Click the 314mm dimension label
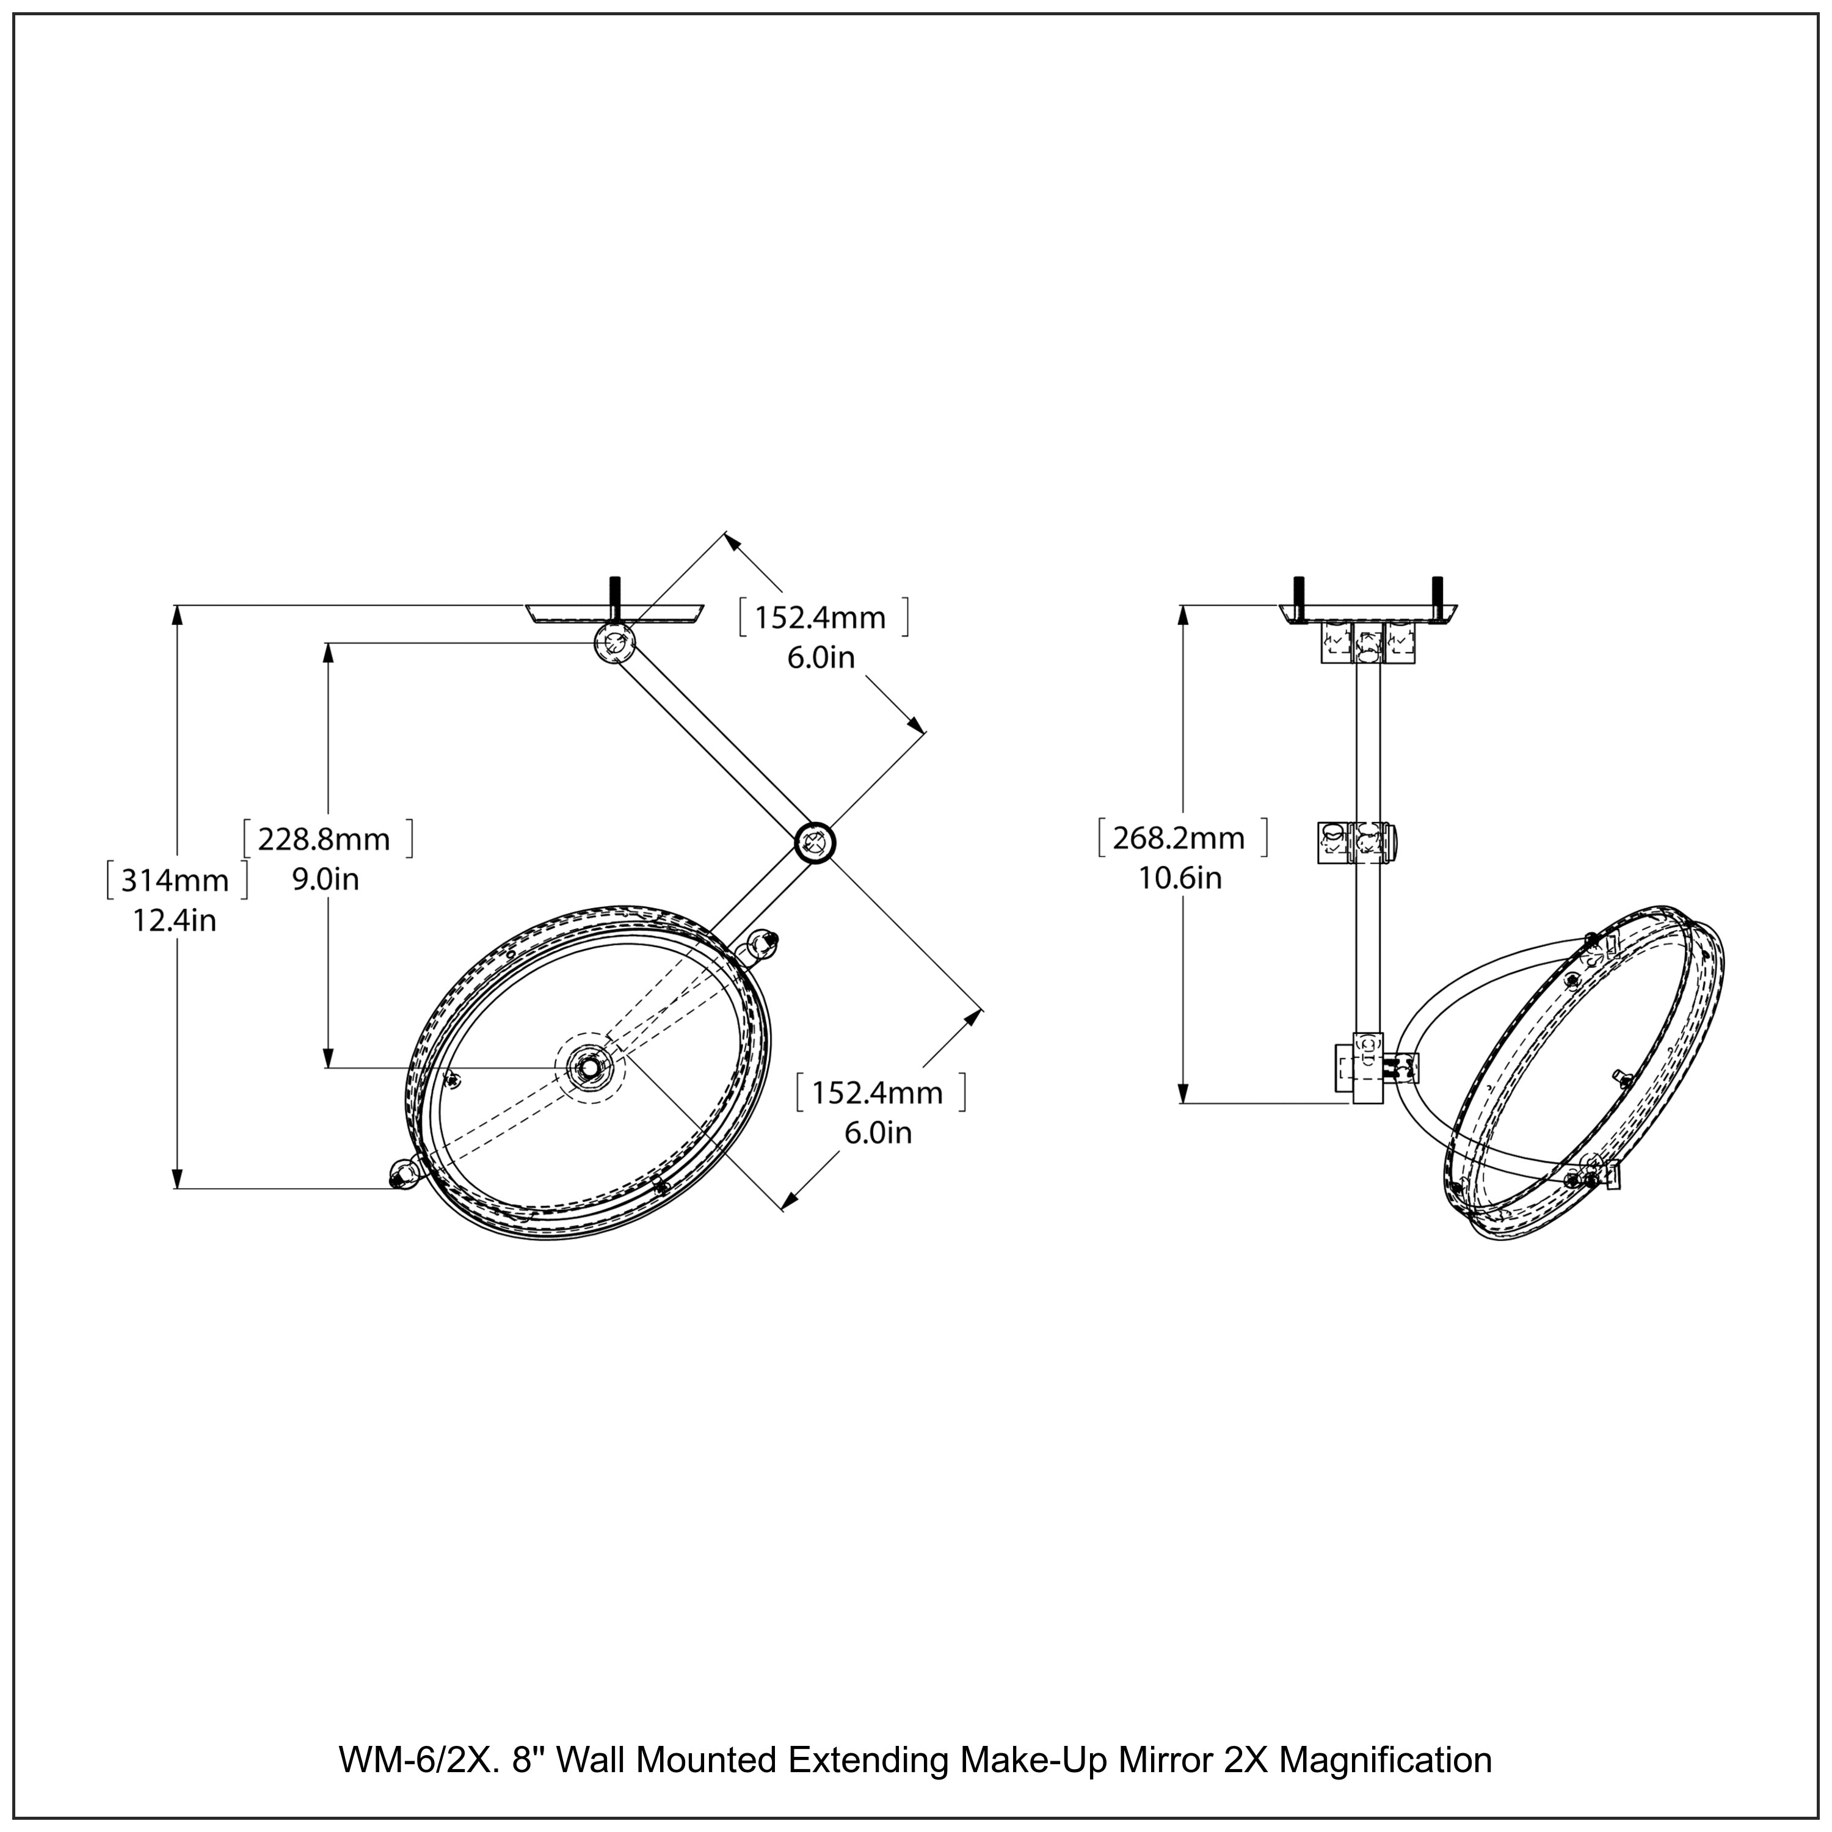(x=175, y=881)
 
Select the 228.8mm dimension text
(x=324, y=839)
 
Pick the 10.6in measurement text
(x=1180, y=878)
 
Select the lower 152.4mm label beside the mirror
(x=878, y=1093)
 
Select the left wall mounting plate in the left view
(x=614, y=614)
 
